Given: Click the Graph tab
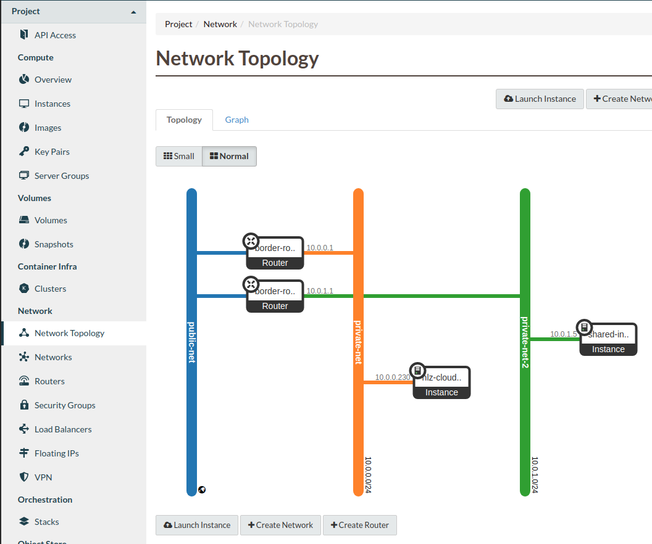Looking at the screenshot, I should point(236,120).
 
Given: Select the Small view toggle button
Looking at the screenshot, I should point(178,156).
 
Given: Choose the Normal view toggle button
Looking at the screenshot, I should point(229,156).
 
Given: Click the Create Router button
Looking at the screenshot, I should point(359,525).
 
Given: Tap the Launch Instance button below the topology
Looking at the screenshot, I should point(197,525).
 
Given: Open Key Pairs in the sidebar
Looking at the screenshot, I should point(52,152).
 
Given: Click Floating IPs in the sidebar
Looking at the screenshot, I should point(56,453).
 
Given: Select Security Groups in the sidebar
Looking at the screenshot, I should point(65,405).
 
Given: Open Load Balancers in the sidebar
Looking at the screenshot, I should point(63,429).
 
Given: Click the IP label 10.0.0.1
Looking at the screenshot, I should point(320,248).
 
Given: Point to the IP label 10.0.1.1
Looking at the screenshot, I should point(320,291).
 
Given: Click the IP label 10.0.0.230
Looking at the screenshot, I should point(392,377).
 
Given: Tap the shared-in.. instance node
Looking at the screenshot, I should point(608,340).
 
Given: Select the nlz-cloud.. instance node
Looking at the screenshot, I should point(441,383).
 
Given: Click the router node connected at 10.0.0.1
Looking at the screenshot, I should point(275,253).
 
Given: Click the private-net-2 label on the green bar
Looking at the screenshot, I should point(525,342).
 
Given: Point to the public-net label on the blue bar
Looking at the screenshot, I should point(191,342).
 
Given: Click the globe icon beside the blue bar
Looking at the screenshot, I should point(202,490).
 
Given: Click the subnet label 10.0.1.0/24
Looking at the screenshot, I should point(535,475).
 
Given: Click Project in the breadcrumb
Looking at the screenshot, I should point(178,24).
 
